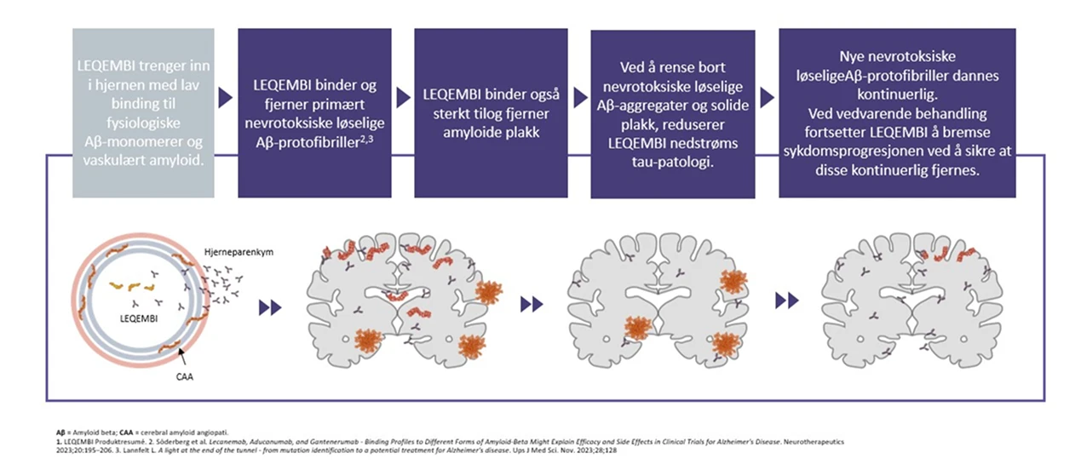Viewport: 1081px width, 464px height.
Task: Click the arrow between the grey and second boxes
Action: point(226,98)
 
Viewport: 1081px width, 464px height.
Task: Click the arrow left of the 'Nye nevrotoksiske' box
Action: point(767,98)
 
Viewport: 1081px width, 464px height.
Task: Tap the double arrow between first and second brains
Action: point(531,303)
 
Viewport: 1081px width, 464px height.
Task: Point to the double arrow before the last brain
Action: point(787,300)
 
